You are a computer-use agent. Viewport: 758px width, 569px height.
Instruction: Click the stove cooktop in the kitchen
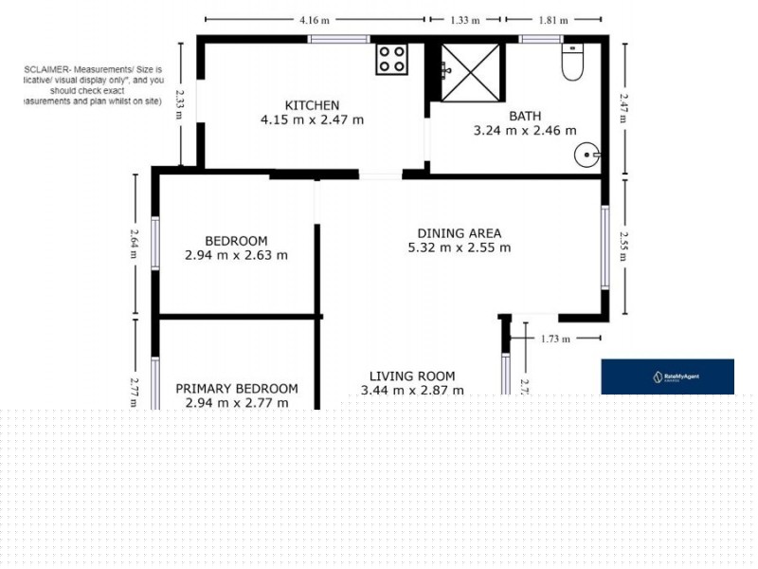click(x=392, y=59)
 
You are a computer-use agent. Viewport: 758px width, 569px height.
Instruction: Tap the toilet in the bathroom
click(x=573, y=63)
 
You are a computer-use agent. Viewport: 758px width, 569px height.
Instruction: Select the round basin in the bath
click(x=587, y=153)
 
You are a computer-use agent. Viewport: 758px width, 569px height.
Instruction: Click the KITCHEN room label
click(x=313, y=105)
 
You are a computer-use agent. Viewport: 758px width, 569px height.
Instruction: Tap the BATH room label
click(x=525, y=117)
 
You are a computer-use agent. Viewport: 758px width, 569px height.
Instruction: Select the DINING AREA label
click(x=460, y=233)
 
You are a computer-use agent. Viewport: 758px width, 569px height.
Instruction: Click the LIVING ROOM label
click(x=412, y=376)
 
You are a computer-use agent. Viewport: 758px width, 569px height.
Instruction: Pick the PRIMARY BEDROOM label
click(x=237, y=389)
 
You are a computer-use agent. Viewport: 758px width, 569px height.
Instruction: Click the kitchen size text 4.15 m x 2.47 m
click(x=313, y=120)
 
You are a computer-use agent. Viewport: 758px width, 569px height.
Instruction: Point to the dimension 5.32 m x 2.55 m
click(x=460, y=248)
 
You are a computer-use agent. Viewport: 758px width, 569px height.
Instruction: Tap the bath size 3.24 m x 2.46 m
click(x=525, y=132)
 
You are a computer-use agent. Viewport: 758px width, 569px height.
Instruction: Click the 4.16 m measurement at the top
click(x=316, y=19)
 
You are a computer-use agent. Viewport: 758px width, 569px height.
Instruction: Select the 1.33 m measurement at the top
click(x=464, y=19)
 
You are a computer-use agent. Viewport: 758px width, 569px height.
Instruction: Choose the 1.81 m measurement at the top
click(x=553, y=19)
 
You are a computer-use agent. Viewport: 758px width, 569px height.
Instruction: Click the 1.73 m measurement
click(x=555, y=338)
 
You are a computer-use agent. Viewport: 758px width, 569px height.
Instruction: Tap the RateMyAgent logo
click(x=668, y=376)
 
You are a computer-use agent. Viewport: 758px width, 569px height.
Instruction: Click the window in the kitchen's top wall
click(x=338, y=39)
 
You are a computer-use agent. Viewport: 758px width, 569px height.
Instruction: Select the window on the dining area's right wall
click(x=605, y=248)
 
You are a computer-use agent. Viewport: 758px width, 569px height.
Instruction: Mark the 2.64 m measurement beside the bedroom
click(x=135, y=238)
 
